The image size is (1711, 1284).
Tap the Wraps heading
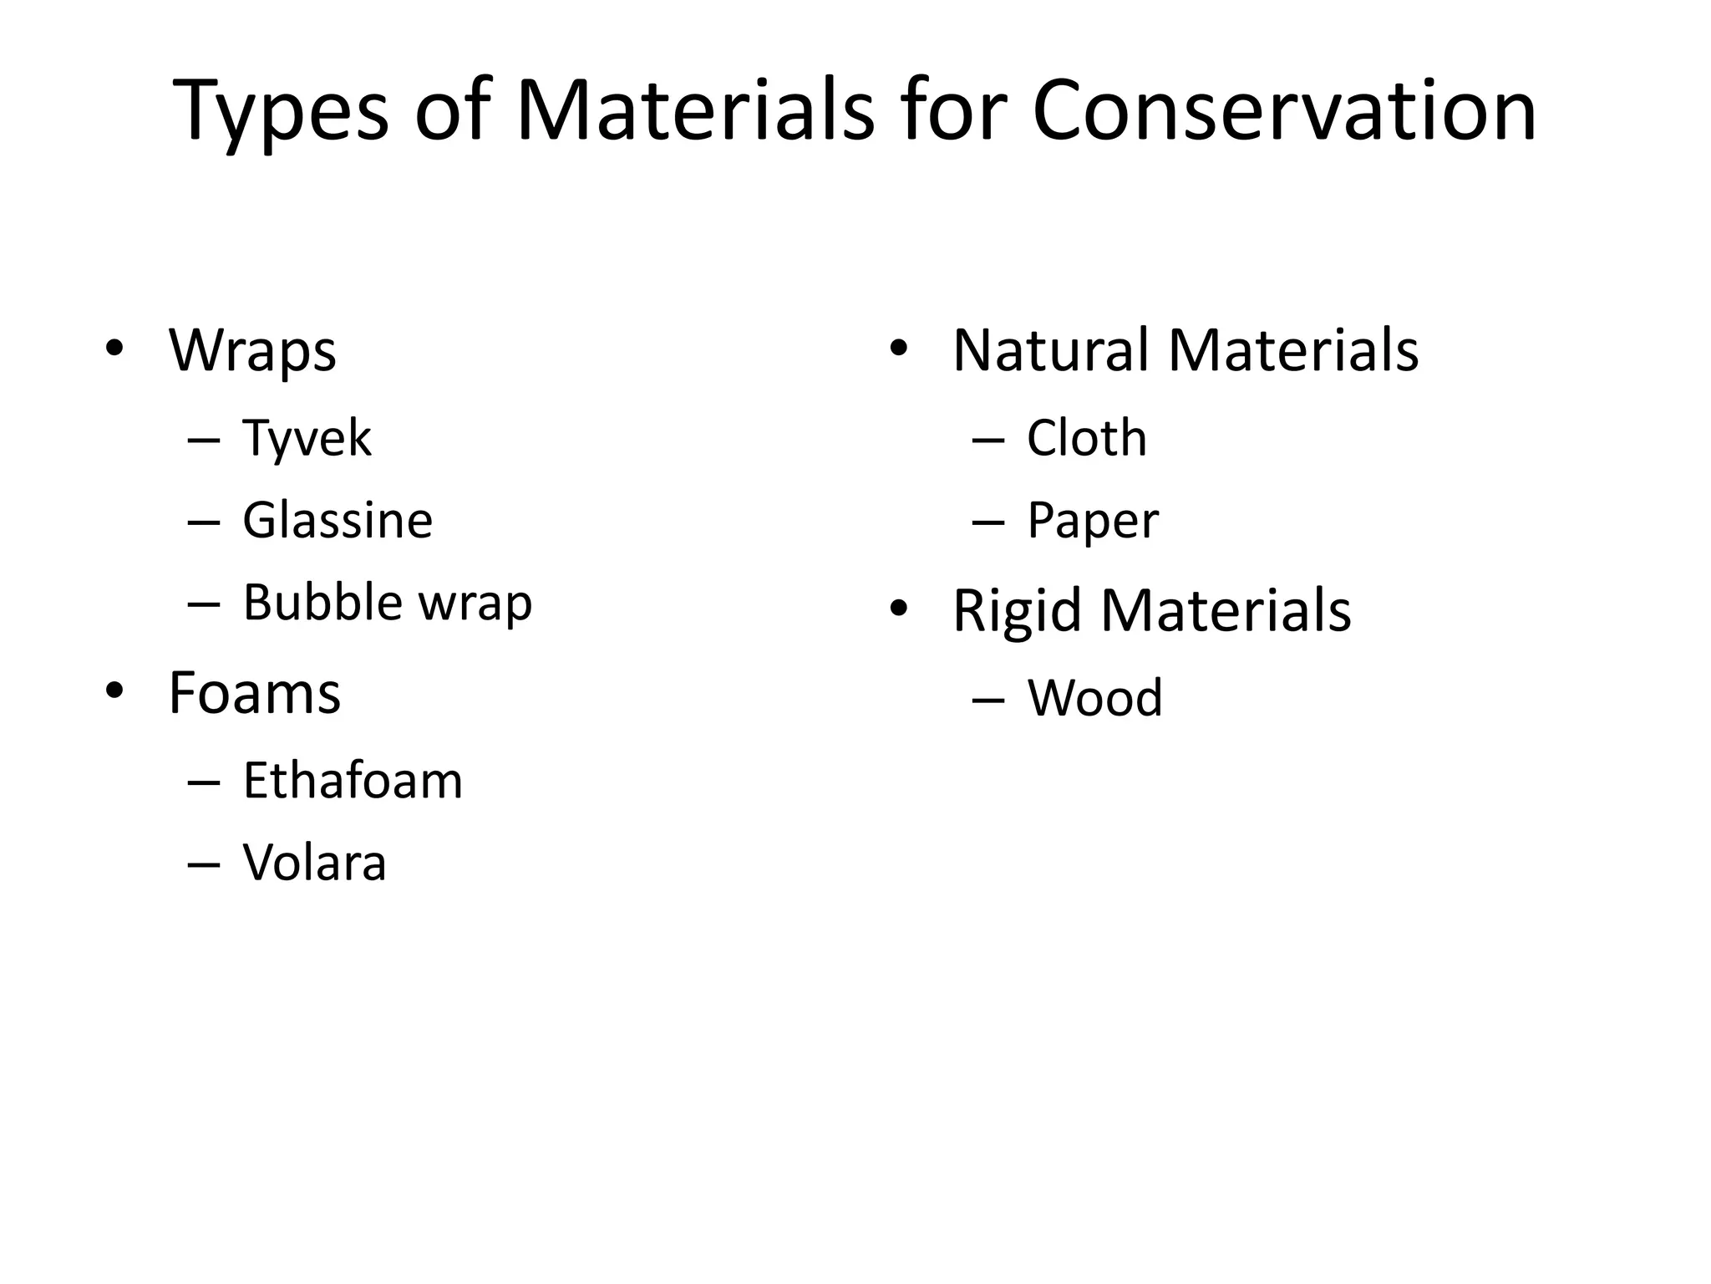coord(252,350)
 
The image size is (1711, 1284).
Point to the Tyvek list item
coord(307,438)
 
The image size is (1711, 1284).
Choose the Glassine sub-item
coord(338,520)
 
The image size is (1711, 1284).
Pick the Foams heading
coord(255,693)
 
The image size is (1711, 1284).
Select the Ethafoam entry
coord(353,781)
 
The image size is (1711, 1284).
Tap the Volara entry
coord(315,863)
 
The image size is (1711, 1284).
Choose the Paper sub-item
coord(1092,521)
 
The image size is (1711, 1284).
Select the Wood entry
coord(1094,698)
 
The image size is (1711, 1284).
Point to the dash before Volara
coord(205,864)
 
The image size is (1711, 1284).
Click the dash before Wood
coord(988,699)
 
